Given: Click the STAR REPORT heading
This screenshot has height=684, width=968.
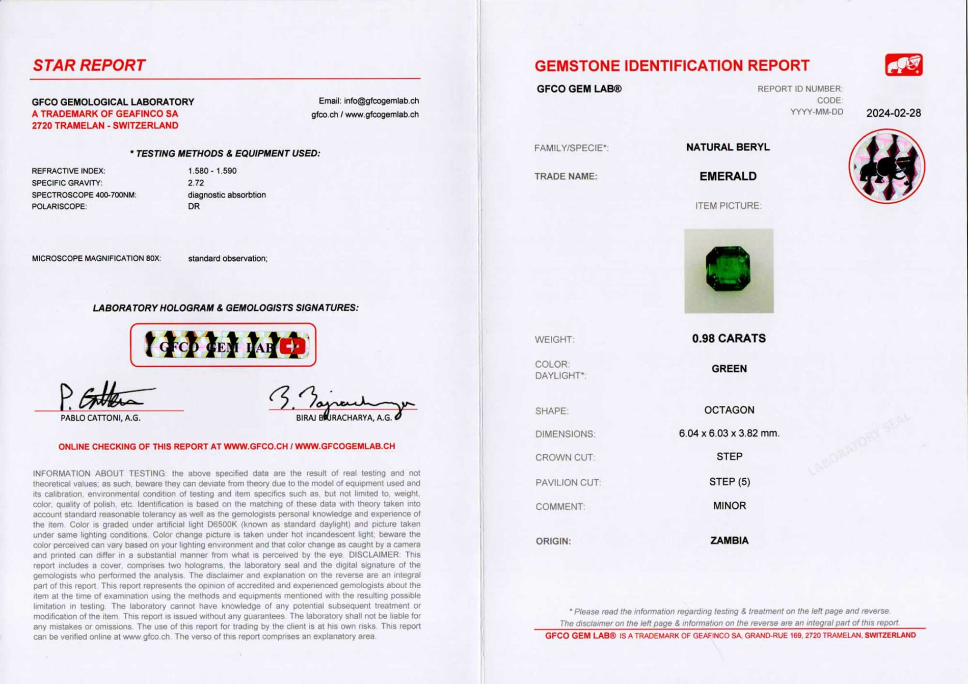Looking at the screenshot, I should (89, 66).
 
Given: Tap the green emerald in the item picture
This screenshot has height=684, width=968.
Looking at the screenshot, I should (728, 268).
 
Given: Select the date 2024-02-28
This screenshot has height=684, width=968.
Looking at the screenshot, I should (893, 113).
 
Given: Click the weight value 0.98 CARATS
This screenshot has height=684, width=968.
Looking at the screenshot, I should (729, 339).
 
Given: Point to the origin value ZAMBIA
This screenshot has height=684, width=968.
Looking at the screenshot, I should (729, 540).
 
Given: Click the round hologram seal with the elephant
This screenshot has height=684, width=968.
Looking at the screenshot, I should (886, 166).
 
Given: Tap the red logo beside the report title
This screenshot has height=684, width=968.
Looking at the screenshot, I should (903, 65).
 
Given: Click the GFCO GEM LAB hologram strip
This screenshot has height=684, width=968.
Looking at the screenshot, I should (223, 345).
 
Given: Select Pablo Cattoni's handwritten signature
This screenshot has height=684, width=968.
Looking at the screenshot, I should (102, 396).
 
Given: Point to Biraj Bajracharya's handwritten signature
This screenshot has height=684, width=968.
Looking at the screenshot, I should (341, 400).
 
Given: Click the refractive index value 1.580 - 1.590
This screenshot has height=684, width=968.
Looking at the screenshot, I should (212, 171).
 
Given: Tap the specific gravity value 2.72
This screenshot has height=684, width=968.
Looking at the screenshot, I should (196, 183).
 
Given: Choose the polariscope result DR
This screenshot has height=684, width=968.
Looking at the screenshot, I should (194, 206).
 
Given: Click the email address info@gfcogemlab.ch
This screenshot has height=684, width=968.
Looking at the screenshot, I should (381, 101).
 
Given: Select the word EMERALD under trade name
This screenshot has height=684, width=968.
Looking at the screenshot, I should (728, 176).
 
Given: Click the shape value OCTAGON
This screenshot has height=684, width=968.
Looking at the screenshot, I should (729, 410).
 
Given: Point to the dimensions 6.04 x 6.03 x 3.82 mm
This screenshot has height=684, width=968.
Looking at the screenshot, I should (729, 433).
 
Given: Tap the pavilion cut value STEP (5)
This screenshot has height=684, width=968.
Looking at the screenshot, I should (729, 482).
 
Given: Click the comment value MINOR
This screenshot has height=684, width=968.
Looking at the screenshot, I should (729, 506).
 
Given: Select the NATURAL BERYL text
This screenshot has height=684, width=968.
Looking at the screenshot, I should (728, 147).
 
